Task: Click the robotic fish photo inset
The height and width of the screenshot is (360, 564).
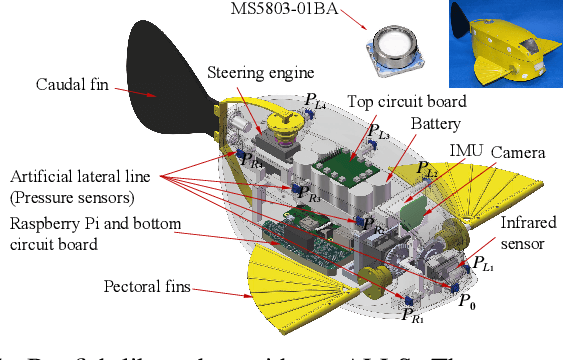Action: coord(505,44)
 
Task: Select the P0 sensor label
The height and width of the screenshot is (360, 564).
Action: coord(466,299)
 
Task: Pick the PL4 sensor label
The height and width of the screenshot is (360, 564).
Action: coord(317,101)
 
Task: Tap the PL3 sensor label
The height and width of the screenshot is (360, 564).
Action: coord(378,133)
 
